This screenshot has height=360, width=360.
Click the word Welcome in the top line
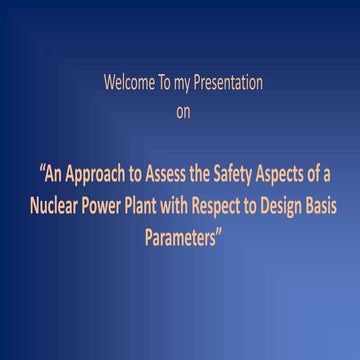[125, 84]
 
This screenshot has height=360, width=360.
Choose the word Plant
[141, 208]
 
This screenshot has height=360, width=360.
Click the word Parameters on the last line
[179, 238]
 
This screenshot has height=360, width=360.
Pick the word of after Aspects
[319, 179]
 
